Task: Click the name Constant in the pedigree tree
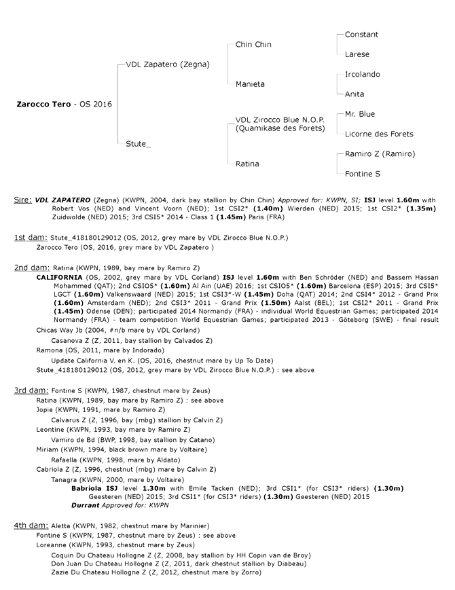click(361, 35)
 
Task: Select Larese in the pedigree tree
click(357, 54)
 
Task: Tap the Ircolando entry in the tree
click(363, 75)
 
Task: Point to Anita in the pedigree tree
click(354, 94)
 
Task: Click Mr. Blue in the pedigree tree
click(360, 114)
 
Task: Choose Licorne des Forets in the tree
click(379, 134)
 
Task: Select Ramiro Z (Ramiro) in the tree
click(380, 154)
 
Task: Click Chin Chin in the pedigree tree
click(253, 44)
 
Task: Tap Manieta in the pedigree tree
click(250, 84)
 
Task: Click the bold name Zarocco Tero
click(43, 105)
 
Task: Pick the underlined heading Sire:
click(23, 200)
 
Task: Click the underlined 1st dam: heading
click(31, 238)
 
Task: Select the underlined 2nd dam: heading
click(32, 268)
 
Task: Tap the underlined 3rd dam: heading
click(31, 390)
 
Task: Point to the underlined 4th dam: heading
click(31, 526)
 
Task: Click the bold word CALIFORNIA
click(59, 278)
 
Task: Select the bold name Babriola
click(86, 488)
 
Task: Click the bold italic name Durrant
click(86, 505)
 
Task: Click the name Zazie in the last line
click(60, 572)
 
